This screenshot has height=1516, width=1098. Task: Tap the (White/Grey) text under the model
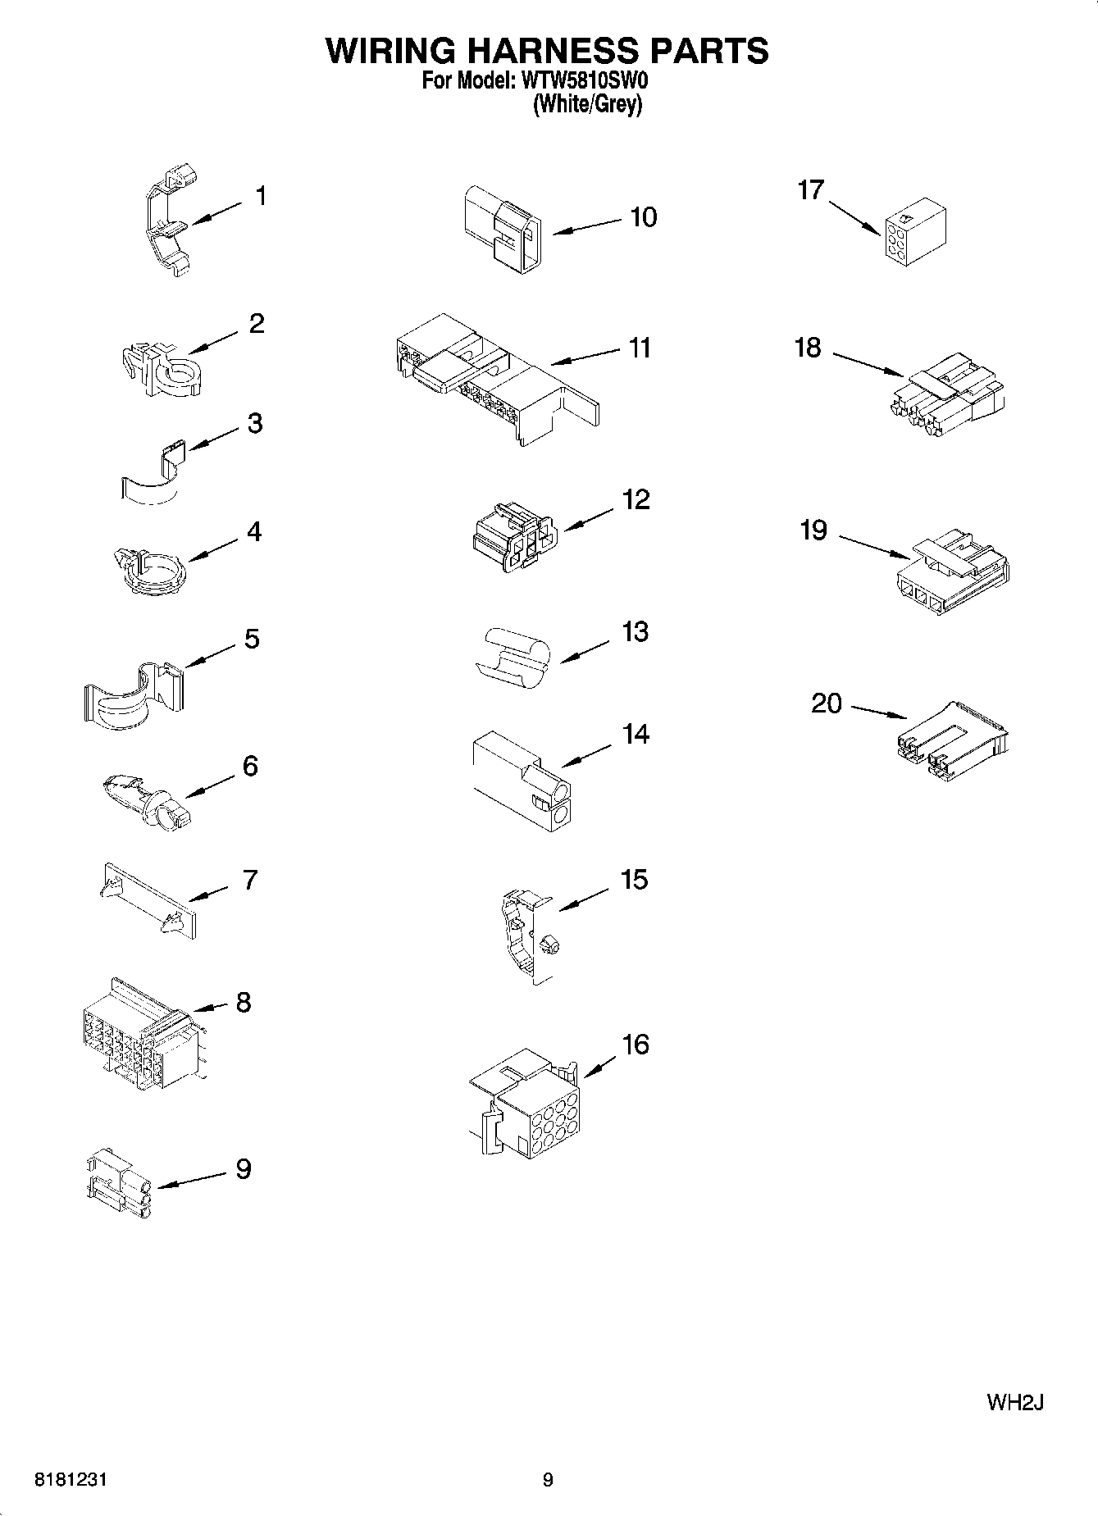click(587, 105)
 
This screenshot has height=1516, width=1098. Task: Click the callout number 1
click(261, 197)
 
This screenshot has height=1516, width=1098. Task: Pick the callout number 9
click(244, 1168)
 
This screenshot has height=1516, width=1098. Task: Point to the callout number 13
click(636, 632)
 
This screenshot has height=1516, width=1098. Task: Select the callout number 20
click(827, 703)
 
